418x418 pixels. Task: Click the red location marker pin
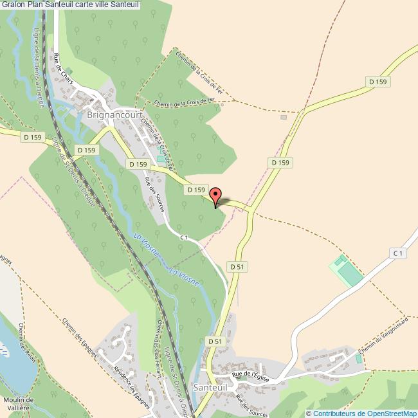(x=216, y=196)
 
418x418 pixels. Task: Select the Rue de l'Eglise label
(x=250, y=374)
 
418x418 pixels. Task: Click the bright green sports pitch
(x=345, y=271)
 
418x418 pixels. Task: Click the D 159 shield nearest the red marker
(x=196, y=190)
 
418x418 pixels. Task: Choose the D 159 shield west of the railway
(x=30, y=137)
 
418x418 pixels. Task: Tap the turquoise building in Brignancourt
(x=160, y=159)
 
